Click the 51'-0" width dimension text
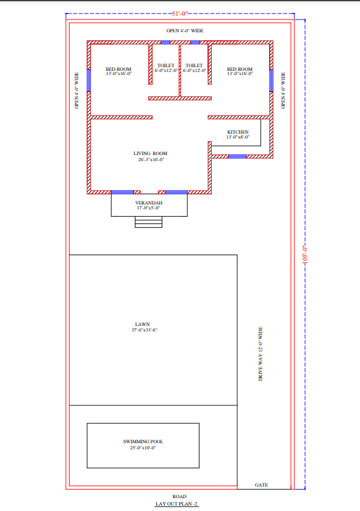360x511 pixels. [x=180, y=13]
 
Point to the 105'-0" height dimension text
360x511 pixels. [x=305, y=254]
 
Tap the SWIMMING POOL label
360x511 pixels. [x=143, y=441]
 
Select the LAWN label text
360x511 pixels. [x=142, y=324]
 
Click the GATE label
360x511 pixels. [x=261, y=485]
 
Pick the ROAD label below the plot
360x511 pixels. [x=179, y=496]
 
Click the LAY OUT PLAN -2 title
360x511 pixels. [x=176, y=504]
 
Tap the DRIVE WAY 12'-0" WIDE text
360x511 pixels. [x=261, y=353]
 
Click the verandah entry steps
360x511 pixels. [x=148, y=222]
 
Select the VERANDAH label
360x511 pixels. [x=148, y=203]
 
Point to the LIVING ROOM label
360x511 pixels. [x=150, y=153]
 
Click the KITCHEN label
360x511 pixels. [x=238, y=132]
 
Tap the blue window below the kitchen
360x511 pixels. [x=237, y=157]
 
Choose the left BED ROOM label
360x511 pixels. [x=118, y=69]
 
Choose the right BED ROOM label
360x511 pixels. [x=239, y=69]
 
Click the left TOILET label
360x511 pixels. [x=166, y=65]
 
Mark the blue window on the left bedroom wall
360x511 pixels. [x=88, y=81]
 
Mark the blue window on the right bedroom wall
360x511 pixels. [x=271, y=81]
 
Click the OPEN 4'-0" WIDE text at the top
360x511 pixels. [x=185, y=31]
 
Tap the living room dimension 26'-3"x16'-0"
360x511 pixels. [x=151, y=159]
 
